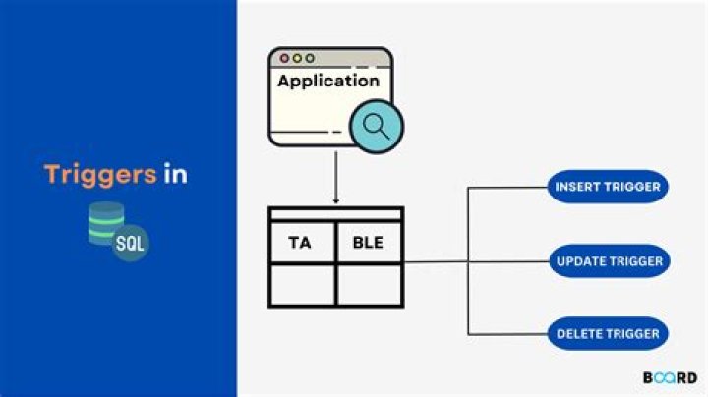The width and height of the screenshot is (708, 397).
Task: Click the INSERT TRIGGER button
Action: (x=608, y=187)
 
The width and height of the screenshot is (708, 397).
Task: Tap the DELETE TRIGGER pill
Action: (x=608, y=334)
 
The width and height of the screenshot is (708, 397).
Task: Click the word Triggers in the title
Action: (x=99, y=175)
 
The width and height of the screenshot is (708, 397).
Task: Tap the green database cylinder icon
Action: (x=106, y=222)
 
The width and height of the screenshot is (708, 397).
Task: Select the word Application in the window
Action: (x=327, y=82)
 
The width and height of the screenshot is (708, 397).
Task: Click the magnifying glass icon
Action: (x=374, y=125)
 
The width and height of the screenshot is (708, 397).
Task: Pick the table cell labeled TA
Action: (x=302, y=242)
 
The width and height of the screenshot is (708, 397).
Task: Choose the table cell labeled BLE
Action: (x=369, y=242)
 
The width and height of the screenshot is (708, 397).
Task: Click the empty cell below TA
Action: (x=302, y=285)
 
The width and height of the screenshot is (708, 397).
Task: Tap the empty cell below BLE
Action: (x=369, y=285)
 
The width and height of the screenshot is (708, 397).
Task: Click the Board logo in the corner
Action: (x=671, y=378)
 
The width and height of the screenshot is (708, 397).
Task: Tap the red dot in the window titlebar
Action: (x=285, y=59)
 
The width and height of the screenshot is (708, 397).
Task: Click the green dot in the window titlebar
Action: (x=311, y=59)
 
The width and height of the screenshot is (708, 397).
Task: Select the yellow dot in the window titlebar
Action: (x=298, y=59)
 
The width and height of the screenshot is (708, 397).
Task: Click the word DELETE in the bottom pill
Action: (x=580, y=334)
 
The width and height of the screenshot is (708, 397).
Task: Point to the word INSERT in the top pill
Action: (x=577, y=187)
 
